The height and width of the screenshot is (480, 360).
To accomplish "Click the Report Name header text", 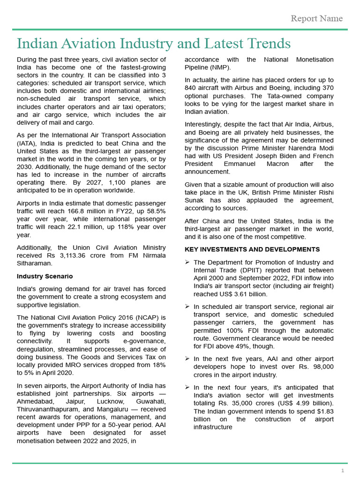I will pyautogui.click(x=316, y=19).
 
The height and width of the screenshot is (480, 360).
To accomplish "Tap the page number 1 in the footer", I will pyautogui.click(x=343, y=471).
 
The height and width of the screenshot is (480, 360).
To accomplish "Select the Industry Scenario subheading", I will pyautogui.click(x=45, y=276).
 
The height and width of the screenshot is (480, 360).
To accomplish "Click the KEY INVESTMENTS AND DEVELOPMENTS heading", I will pyautogui.click(x=252, y=249).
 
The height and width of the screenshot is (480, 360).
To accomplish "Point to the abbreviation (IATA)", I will pyautogui.click(x=27, y=143).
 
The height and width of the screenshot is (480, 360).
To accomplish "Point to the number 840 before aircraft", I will pyautogui.click(x=191, y=88).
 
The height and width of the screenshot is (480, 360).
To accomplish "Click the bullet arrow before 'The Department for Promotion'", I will pyautogui.click(x=187, y=262).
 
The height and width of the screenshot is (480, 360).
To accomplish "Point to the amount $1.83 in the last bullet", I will pyautogui.click(x=324, y=411).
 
